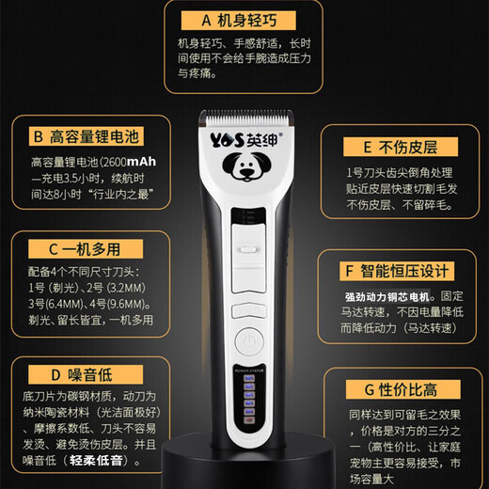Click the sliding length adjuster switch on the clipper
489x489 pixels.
tap(248, 251)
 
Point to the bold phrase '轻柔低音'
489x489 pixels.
tap(109, 461)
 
